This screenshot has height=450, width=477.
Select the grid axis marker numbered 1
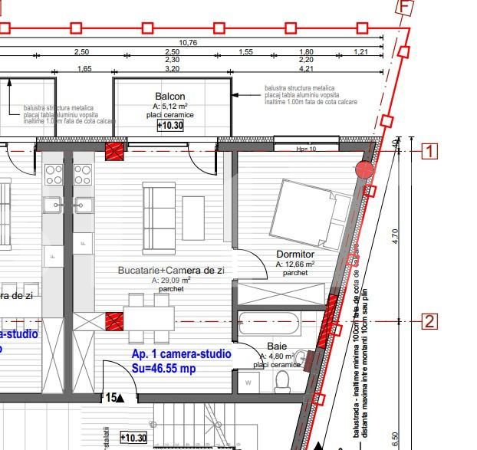[430, 151]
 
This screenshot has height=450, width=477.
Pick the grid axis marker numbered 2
[430, 321]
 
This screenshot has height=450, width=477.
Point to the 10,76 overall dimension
[189, 43]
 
